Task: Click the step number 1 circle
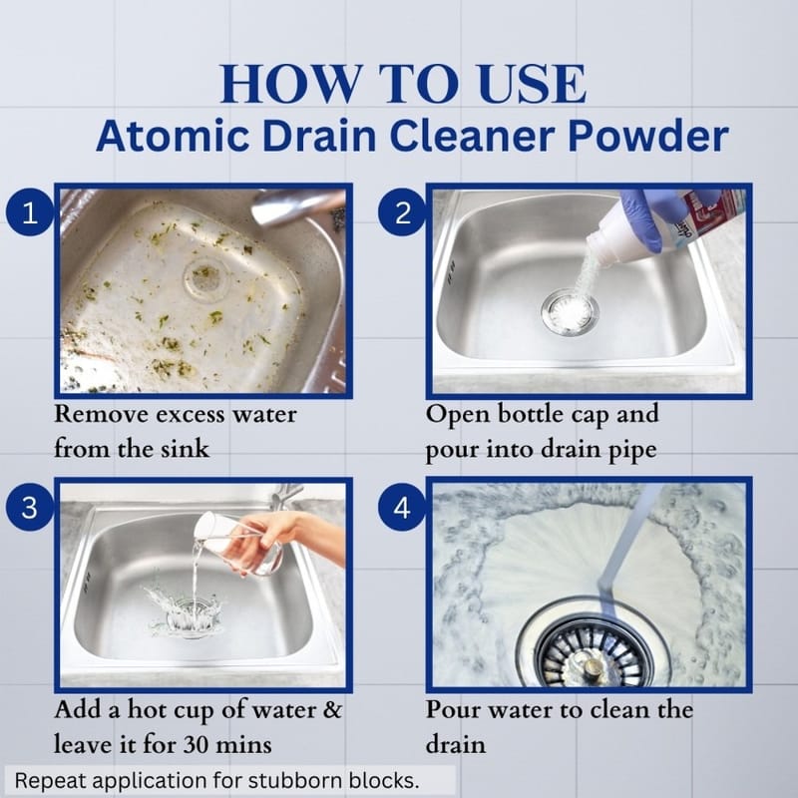(x=30, y=211)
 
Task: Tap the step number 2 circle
(x=402, y=211)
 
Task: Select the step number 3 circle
(x=30, y=507)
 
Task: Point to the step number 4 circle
(x=402, y=507)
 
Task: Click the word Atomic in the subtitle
(x=173, y=137)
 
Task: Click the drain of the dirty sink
(x=204, y=278)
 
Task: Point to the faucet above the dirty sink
(x=297, y=206)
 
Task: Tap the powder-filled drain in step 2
(x=570, y=311)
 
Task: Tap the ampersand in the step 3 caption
(x=333, y=710)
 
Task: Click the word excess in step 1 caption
(x=190, y=415)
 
